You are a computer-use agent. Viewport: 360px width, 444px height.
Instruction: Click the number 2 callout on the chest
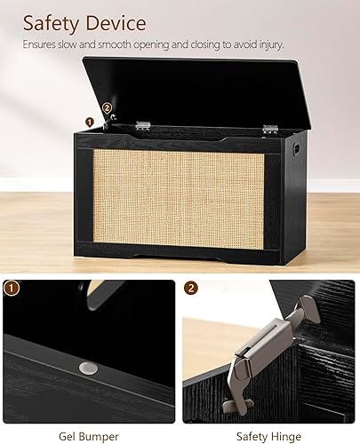[x=108, y=108]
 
